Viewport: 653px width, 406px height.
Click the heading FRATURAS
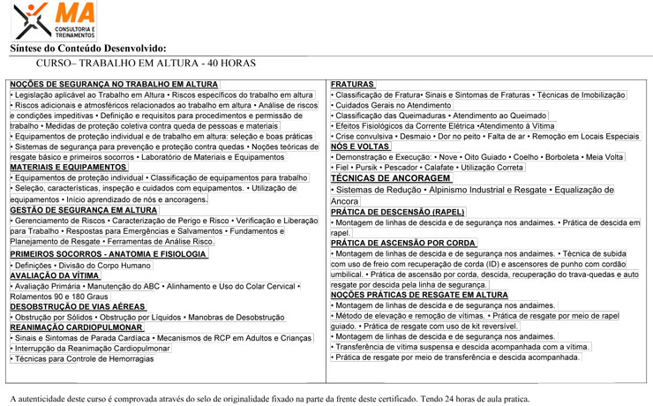point(353,84)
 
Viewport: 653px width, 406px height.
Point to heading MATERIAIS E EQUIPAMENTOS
point(68,167)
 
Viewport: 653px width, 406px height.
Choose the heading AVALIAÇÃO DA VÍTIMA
point(55,275)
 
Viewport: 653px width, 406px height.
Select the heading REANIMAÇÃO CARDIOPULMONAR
point(77,327)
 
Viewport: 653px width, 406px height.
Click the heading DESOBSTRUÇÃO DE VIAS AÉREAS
point(77,306)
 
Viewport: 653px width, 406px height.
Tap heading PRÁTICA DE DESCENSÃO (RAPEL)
point(398,212)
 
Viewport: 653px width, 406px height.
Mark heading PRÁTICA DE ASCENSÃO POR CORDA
point(403,243)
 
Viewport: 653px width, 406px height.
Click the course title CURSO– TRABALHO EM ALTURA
point(146,64)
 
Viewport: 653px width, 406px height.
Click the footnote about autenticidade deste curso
point(269,399)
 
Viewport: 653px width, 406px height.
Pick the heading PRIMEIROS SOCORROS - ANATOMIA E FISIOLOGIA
point(108,254)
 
